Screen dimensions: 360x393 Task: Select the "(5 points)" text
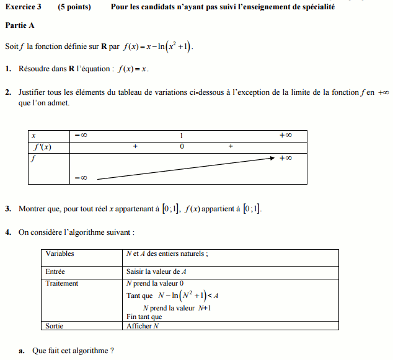74,7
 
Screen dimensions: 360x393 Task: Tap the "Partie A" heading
20,26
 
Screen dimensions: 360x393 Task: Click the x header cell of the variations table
33,135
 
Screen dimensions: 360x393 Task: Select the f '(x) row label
42,147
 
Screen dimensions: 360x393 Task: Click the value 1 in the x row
182,135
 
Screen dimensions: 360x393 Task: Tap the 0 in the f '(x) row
182,147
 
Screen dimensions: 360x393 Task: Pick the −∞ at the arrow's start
81,178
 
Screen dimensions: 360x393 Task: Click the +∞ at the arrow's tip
285,158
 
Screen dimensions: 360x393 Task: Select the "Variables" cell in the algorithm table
60,253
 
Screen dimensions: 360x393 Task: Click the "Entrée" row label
55,271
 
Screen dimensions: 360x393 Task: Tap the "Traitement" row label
62,283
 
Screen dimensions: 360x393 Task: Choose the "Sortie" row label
55,325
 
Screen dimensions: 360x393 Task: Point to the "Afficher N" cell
143,325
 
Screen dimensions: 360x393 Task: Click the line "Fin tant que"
144,317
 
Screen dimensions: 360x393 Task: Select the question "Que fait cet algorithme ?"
73,351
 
